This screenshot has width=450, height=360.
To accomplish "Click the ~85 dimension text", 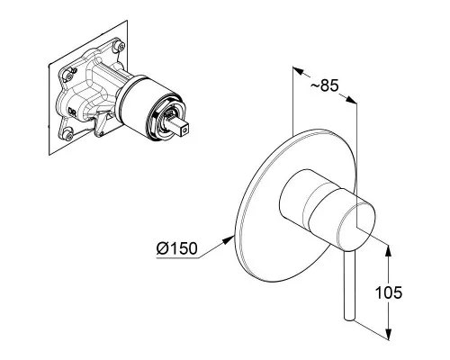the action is coord(324,85).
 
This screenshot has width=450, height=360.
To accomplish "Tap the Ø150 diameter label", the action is coord(177,248).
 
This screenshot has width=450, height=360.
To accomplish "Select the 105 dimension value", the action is coord(389,292).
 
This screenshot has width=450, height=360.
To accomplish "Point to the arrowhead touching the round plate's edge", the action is coord(229,239).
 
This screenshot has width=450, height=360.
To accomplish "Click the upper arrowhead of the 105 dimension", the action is coord(389,251).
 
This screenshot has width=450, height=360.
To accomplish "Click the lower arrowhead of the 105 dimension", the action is coord(389,334).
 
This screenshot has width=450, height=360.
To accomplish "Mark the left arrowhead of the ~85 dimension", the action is coord(299,71).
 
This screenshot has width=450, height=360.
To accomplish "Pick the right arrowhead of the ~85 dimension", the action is coord(351,100).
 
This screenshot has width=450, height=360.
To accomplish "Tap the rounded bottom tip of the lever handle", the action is coord(349,318).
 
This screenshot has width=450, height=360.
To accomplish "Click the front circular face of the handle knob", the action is coord(356,227).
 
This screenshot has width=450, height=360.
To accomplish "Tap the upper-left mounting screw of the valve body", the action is coord(69,76).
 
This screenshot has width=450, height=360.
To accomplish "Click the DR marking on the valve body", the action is coord(72,112).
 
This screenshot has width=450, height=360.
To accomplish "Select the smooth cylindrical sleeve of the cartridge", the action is coord(141,99).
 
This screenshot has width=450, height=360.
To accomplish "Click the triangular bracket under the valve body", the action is coord(102,124).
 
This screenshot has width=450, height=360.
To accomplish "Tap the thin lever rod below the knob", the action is coord(350,285).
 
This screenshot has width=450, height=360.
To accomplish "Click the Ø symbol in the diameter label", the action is coord(162,248).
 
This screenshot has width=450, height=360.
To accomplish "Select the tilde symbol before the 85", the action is coord(315,86).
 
